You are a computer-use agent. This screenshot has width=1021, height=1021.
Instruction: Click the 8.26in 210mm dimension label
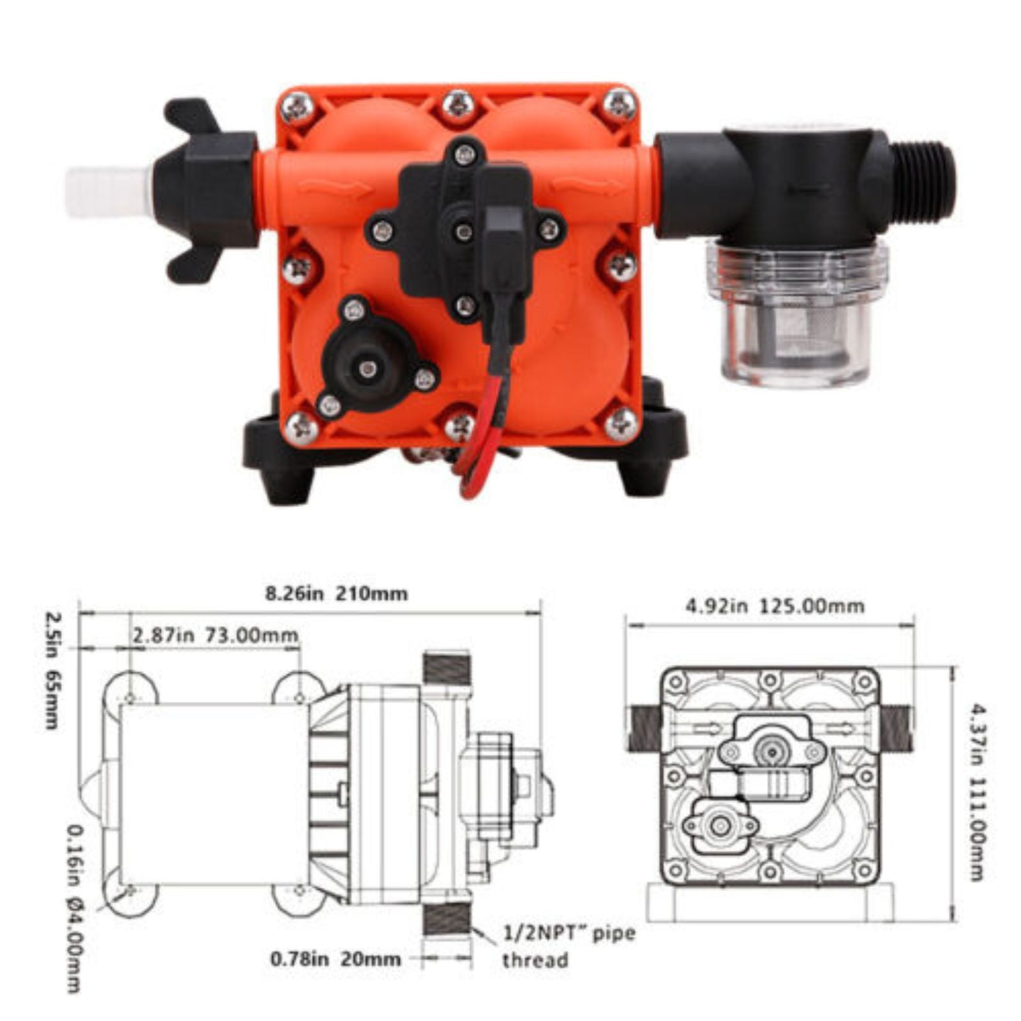[336, 593]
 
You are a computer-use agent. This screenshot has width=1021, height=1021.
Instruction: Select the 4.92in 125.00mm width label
[775, 606]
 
